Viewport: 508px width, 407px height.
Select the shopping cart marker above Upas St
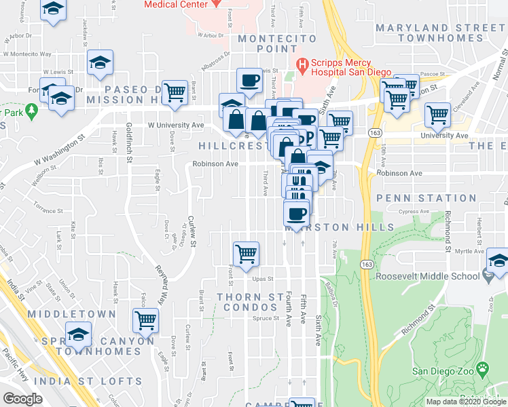coord(246,254)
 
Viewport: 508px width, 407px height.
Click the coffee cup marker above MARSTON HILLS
coord(296,214)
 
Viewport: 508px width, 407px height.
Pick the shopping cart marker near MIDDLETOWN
coord(146,319)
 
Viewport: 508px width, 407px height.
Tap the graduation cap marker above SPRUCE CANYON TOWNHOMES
coord(78,334)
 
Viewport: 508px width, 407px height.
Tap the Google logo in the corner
coord(22,399)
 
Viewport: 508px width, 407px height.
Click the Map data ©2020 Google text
coord(465,402)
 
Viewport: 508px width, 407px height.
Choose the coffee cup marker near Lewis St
coord(249,81)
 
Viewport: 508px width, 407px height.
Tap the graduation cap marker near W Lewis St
coord(101,63)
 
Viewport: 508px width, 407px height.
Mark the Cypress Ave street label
coord(416,212)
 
